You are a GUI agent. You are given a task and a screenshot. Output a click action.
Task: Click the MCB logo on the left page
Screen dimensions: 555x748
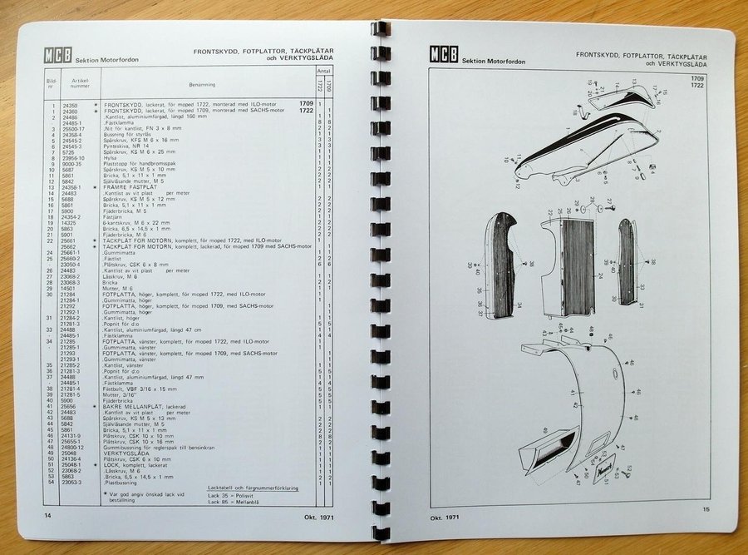58,57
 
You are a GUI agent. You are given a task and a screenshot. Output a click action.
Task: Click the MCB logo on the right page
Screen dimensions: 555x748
443,55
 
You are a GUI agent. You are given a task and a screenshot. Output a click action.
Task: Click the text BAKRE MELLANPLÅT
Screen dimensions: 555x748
132,406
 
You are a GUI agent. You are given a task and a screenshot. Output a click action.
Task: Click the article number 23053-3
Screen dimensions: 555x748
73,482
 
